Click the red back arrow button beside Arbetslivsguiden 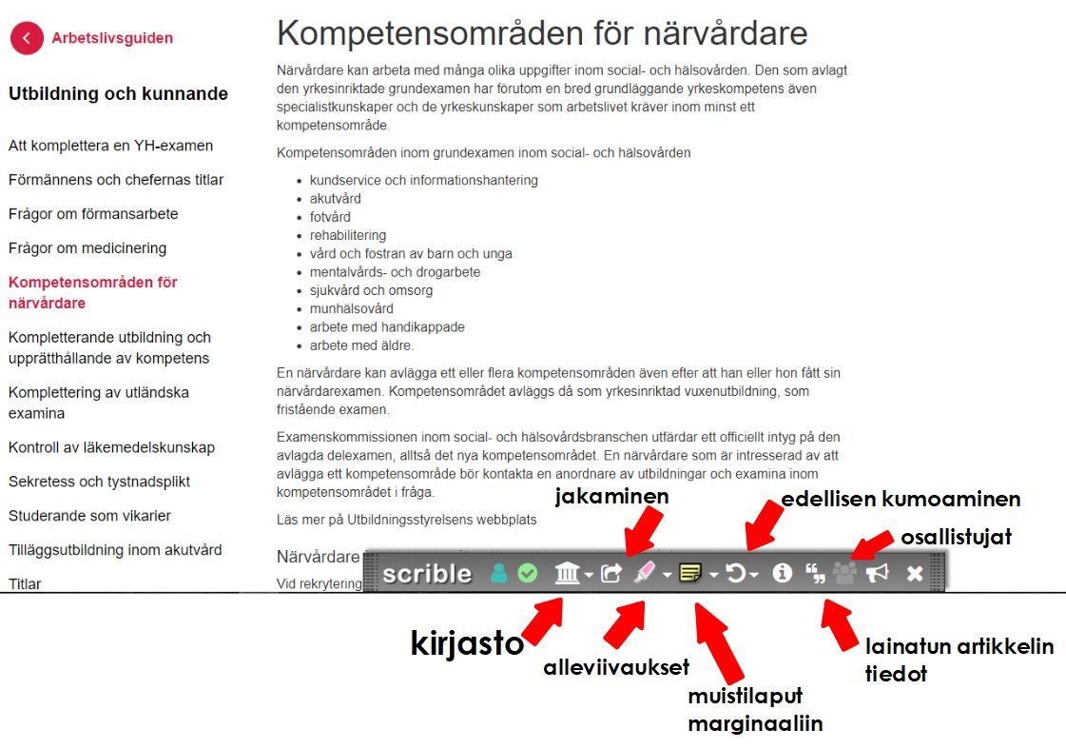point(27,38)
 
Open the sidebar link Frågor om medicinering point(87,248)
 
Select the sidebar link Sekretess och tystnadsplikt point(100,482)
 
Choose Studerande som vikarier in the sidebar point(89,516)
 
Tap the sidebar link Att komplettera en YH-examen point(110,146)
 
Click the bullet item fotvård point(330,217)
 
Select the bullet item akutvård point(335,199)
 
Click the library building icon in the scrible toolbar point(568,573)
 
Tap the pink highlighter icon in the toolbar point(645,573)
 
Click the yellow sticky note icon point(691,573)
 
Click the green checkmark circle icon point(527,573)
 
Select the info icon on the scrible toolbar point(782,573)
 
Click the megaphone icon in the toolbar point(877,573)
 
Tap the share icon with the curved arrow point(612,573)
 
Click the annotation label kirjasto point(467,643)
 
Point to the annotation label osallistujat point(956,537)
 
